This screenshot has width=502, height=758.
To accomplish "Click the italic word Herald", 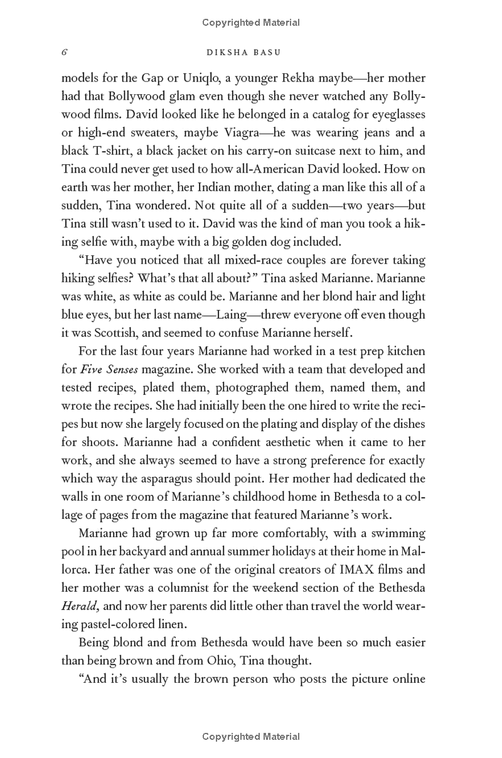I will [x=78, y=606].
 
